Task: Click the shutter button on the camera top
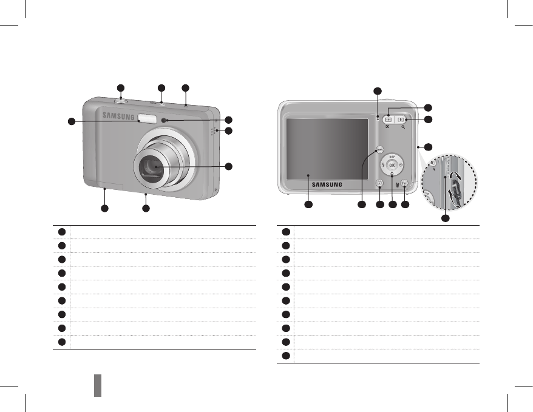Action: click(121, 101)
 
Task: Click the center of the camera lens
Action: click(152, 168)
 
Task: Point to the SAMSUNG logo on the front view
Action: click(118, 115)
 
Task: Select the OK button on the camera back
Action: click(392, 164)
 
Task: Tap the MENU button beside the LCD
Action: click(379, 149)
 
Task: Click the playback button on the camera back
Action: click(379, 183)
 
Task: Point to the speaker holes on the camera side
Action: click(213, 132)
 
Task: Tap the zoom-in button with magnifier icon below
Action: click(402, 120)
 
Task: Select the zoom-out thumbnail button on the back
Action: click(388, 120)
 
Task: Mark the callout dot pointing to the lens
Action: click(228, 166)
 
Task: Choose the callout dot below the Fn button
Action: click(405, 206)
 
